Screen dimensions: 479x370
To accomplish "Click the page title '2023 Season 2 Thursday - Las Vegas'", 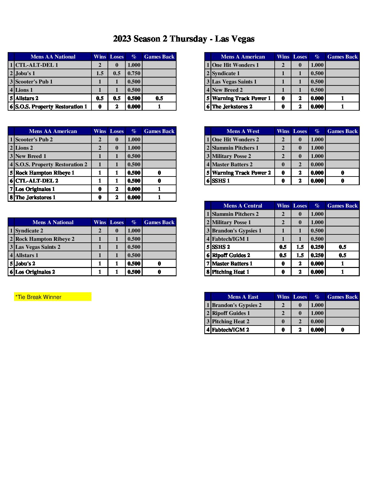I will [184, 39].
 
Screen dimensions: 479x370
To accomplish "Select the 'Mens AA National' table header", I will [53, 57].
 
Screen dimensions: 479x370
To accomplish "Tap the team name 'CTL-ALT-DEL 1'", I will [37, 65].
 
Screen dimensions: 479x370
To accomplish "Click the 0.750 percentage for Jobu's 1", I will [134, 74].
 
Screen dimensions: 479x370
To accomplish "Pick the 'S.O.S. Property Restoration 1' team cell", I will [51, 107].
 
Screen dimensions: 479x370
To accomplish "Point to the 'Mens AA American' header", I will [53, 131].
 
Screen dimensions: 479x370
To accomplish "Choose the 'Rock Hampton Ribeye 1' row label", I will [45, 173].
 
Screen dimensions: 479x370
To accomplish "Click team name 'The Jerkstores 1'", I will [35, 198].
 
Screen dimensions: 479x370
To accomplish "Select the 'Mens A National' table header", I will [53, 223].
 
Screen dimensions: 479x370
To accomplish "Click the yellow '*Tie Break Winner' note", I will [52, 297].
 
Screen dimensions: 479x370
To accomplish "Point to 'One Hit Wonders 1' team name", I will [235, 65].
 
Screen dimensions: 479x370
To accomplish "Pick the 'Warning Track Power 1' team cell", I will [241, 98].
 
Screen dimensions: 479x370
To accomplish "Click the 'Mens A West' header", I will [243, 131].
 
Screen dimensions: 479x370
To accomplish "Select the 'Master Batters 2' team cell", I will [232, 165].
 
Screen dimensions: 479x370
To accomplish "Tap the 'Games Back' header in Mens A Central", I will [342, 206].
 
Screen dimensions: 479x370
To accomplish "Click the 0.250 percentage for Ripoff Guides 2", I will [317, 255].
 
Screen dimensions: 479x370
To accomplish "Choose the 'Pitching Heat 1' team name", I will [230, 272].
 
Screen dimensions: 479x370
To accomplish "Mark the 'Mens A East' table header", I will [243, 297].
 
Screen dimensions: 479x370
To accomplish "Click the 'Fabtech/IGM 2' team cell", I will [230, 330].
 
